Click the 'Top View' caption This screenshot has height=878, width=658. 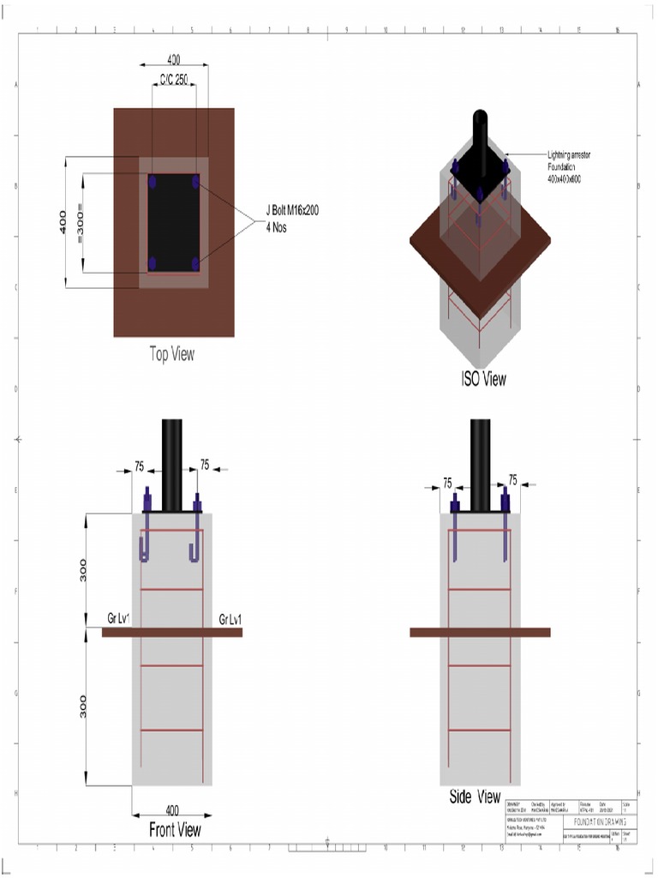point(172,354)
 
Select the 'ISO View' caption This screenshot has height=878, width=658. point(483,379)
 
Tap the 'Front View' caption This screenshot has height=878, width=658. point(175,829)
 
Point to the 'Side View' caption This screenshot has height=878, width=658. point(475,797)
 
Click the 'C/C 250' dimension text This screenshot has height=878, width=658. point(174,79)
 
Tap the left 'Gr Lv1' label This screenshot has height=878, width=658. point(118,619)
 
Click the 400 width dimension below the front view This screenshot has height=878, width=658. point(172,809)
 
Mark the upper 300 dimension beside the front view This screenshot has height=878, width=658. point(83,570)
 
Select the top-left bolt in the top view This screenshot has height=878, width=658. point(153,182)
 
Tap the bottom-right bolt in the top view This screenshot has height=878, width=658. point(196,263)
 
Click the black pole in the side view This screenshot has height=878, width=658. point(480,463)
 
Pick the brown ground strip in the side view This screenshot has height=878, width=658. point(480,632)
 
